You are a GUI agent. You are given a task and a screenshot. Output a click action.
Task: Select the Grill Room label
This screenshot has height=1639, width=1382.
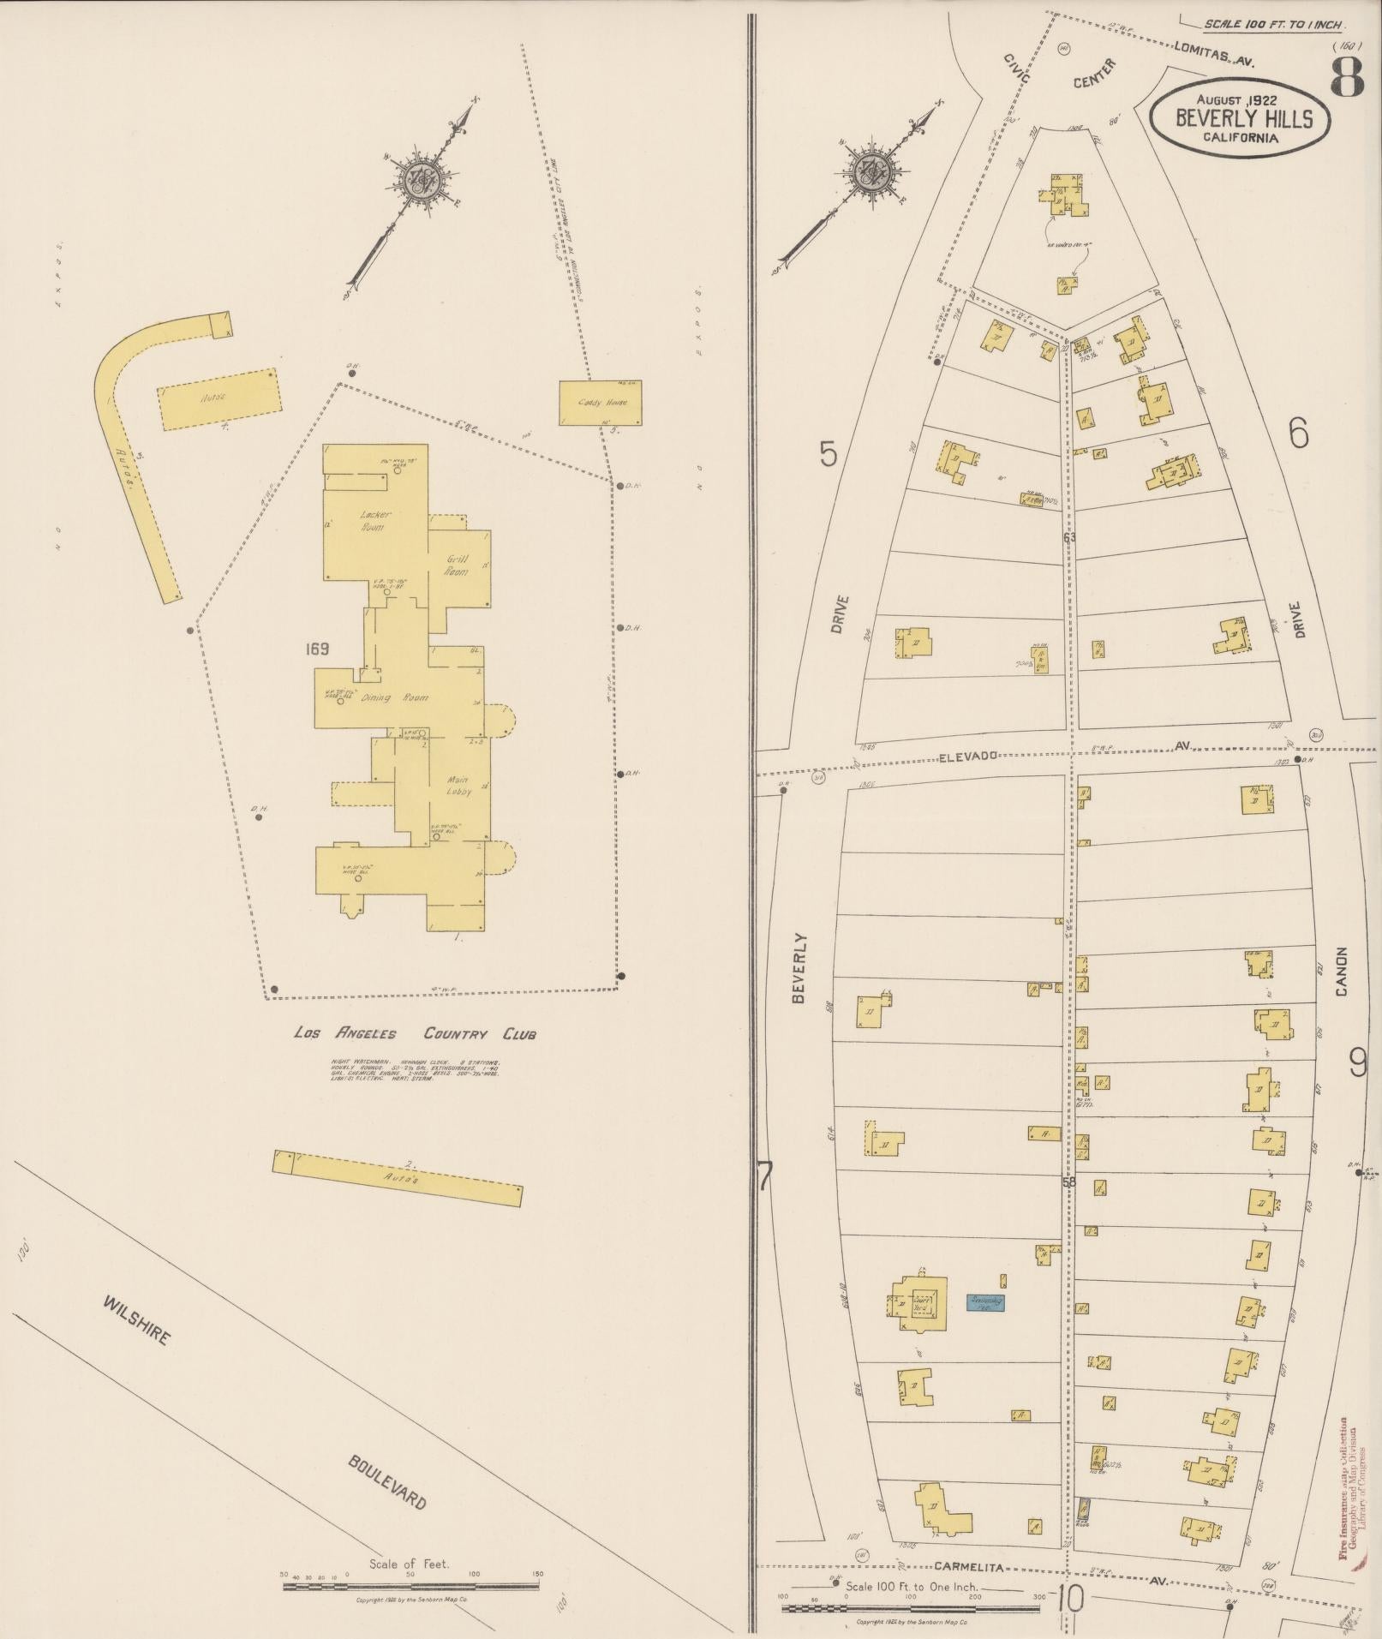tap(457, 565)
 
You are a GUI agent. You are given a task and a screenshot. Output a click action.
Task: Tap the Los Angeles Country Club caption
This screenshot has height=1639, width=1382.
tap(415, 1034)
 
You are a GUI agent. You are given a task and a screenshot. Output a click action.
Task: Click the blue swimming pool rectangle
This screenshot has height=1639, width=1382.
tap(985, 1326)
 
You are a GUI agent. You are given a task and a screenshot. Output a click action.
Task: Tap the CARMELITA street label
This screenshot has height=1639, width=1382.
tap(967, 1567)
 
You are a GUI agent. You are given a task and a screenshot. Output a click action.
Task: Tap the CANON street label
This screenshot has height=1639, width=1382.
tap(1341, 972)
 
